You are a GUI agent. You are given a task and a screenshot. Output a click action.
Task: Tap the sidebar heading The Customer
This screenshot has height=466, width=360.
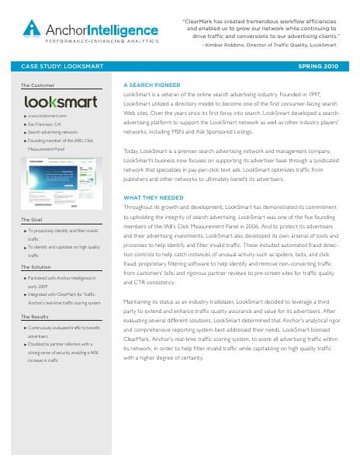point(37,84)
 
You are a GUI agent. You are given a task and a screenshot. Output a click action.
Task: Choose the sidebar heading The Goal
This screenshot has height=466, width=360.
point(32,221)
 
